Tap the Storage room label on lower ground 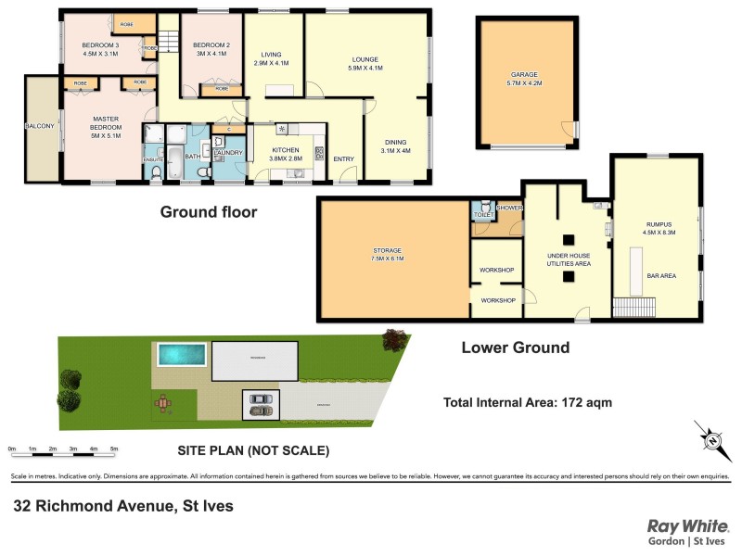[x=388, y=252]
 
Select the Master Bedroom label [x=107, y=123]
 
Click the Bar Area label [x=659, y=275]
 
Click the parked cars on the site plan [x=261, y=405]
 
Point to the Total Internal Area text [x=527, y=403]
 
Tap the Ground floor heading [x=208, y=212]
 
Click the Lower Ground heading [x=516, y=348]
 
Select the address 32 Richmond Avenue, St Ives [x=123, y=506]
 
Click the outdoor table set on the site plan [x=165, y=402]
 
